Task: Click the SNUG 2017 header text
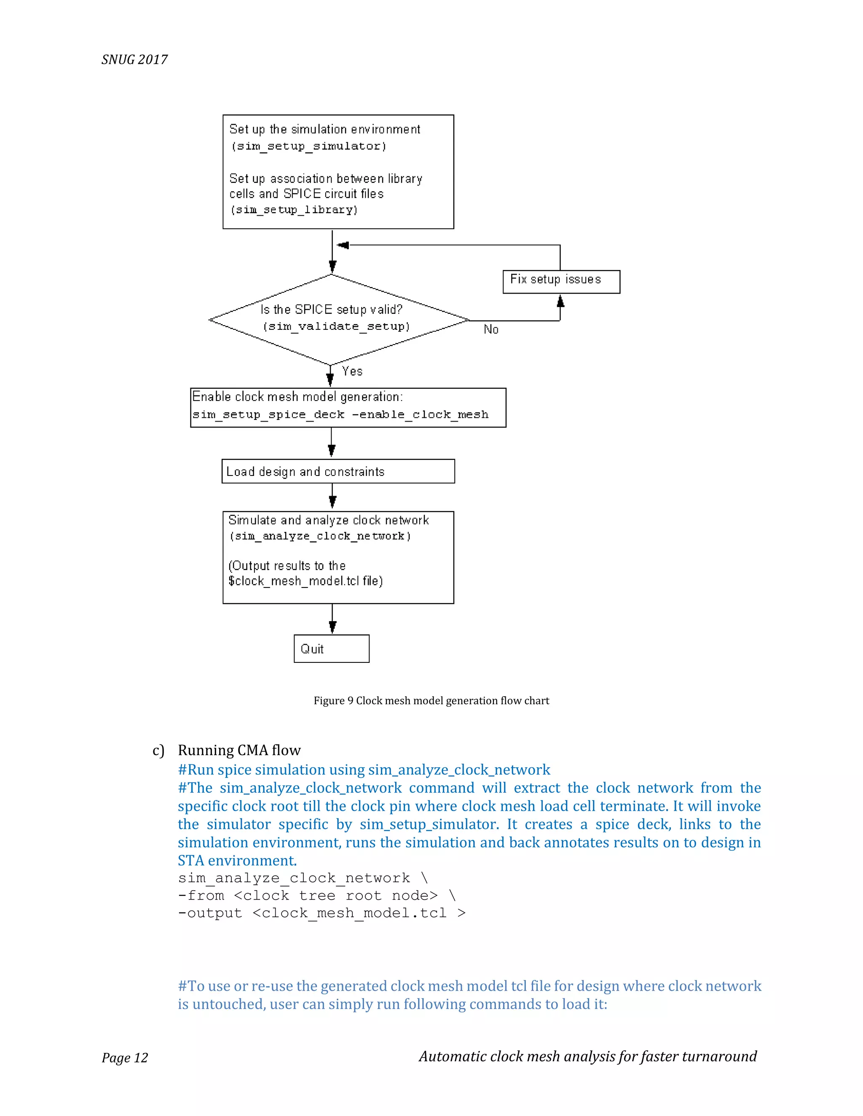point(134,60)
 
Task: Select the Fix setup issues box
point(561,282)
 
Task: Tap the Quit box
point(331,649)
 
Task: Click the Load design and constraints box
point(338,471)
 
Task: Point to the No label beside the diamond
point(491,330)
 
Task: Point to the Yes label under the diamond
point(352,371)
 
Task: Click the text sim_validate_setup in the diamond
point(336,326)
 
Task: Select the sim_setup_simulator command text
point(309,146)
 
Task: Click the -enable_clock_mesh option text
point(420,414)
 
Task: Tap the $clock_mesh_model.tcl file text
point(305,581)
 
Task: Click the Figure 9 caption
point(431,701)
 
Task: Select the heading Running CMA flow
point(239,750)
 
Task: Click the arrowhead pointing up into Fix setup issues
point(560,302)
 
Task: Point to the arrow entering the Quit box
point(332,627)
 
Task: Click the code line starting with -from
point(316,896)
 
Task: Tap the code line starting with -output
point(321,913)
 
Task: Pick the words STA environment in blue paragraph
point(237,860)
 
